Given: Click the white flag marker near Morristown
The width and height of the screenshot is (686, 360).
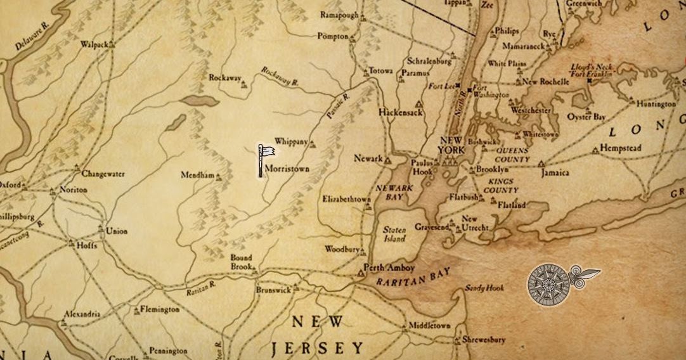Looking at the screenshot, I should (x=266, y=154).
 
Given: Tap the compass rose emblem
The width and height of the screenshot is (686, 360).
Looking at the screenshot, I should (x=549, y=283).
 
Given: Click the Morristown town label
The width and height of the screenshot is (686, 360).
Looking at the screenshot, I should (x=287, y=170).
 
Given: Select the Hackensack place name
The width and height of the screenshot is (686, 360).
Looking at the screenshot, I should (x=400, y=112).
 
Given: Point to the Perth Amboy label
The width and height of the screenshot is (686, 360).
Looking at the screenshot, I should (x=389, y=268).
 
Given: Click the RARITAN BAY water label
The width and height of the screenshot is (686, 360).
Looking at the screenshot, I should (x=412, y=277).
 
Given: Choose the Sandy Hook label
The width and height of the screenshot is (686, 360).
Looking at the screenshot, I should (x=484, y=288).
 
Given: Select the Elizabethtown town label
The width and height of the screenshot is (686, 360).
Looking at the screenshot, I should (x=346, y=199).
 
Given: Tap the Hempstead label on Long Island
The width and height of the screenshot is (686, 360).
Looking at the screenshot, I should (x=621, y=148).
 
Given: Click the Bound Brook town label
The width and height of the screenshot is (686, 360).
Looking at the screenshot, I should (x=241, y=262).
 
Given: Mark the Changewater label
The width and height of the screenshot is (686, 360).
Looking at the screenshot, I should (x=103, y=174).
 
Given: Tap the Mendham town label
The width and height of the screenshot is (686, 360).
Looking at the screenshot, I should (x=197, y=175).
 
